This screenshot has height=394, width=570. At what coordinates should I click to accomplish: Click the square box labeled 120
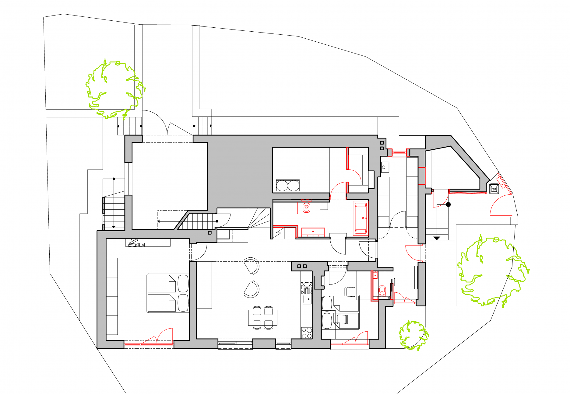[494, 189]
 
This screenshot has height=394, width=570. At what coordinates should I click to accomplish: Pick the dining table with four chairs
[262, 318]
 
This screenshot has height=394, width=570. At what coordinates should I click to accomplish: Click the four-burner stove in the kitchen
[307, 333]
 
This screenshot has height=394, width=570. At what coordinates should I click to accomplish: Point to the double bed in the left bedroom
[168, 293]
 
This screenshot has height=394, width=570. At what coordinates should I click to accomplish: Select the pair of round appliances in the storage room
[288, 185]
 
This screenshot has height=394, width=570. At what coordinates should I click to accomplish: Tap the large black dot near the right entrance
[448, 205]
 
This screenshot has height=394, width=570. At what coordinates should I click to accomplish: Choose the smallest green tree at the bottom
[413, 335]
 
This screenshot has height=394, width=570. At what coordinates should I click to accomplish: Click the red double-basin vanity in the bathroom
[313, 232]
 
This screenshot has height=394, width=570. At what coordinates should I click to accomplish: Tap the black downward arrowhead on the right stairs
[437, 238]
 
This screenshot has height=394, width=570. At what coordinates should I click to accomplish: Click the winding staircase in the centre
[259, 218]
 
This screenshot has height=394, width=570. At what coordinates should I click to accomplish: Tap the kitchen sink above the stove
[307, 299]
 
